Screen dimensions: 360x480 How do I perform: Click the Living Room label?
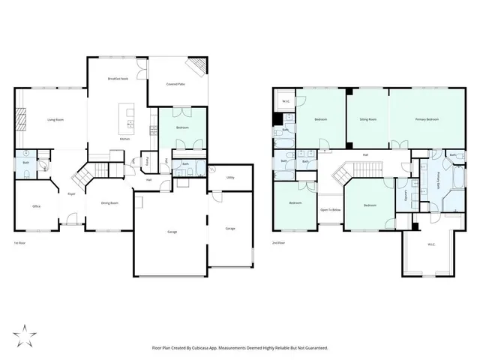tap(55, 119)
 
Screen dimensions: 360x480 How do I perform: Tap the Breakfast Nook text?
tap(118, 79)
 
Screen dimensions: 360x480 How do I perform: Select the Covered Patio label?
tap(176, 85)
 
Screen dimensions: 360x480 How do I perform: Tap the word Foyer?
tap(72, 193)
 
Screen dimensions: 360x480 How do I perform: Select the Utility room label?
tap(229, 178)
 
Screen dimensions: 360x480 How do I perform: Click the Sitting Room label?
tap(367, 119)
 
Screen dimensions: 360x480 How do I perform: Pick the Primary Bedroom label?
tap(427, 119)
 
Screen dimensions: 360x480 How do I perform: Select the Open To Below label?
tap(331, 210)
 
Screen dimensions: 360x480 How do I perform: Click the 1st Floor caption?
tap(20, 244)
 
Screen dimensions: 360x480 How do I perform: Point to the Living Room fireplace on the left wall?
tap(22, 120)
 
